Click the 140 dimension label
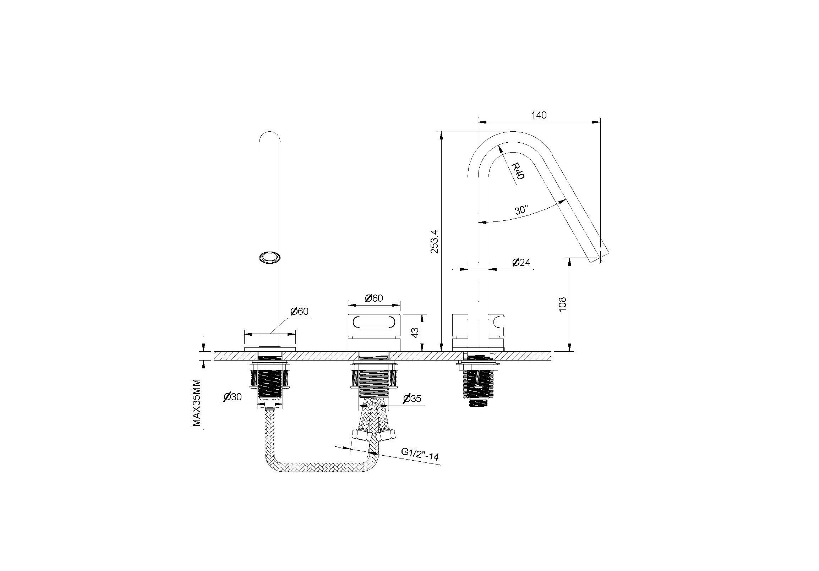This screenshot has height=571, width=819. pyautogui.click(x=539, y=115)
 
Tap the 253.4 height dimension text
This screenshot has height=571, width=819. pyautogui.click(x=435, y=241)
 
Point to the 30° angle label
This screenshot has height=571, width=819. pyautogui.click(x=522, y=210)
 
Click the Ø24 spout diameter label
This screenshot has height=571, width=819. pyautogui.click(x=521, y=263)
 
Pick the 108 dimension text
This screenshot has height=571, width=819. pyautogui.click(x=563, y=304)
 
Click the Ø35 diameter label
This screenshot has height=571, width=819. pyautogui.click(x=412, y=399)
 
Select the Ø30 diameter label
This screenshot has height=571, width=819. pyautogui.click(x=233, y=397)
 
